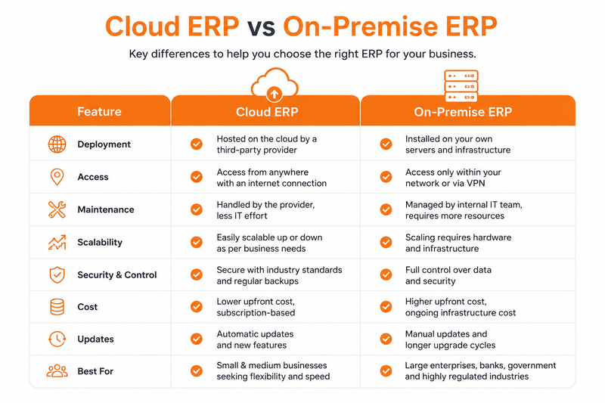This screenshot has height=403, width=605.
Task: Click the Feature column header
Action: click(x=99, y=111)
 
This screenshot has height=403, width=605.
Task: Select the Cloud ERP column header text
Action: click(x=267, y=112)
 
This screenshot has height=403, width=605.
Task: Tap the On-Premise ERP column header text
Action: click(x=463, y=112)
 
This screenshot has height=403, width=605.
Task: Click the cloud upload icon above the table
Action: click(x=275, y=83)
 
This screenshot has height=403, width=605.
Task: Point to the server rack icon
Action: click(x=461, y=85)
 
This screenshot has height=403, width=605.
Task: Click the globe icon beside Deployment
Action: click(x=57, y=144)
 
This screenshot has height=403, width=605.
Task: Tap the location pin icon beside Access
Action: click(x=57, y=177)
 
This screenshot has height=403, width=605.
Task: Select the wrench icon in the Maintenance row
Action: click(x=57, y=209)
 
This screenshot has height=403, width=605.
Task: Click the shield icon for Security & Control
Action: click(x=57, y=275)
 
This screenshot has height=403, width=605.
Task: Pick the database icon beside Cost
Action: click(x=57, y=307)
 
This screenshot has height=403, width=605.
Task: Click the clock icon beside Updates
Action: click(x=57, y=339)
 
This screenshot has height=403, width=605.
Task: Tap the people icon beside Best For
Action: click(x=57, y=371)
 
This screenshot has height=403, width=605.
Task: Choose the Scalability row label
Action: click(x=100, y=242)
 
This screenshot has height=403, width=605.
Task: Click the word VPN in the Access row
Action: click(x=476, y=183)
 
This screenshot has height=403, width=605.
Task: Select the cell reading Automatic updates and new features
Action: click(x=255, y=339)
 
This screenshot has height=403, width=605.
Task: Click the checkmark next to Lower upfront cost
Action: click(x=197, y=306)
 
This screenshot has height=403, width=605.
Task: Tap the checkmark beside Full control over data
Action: click(x=386, y=274)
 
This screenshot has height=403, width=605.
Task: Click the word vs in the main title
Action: click(x=261, y=27)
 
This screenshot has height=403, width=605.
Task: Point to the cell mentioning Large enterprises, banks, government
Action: click(x=480, y=370)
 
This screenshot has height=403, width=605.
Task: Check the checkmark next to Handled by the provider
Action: click(x=197, y=209)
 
